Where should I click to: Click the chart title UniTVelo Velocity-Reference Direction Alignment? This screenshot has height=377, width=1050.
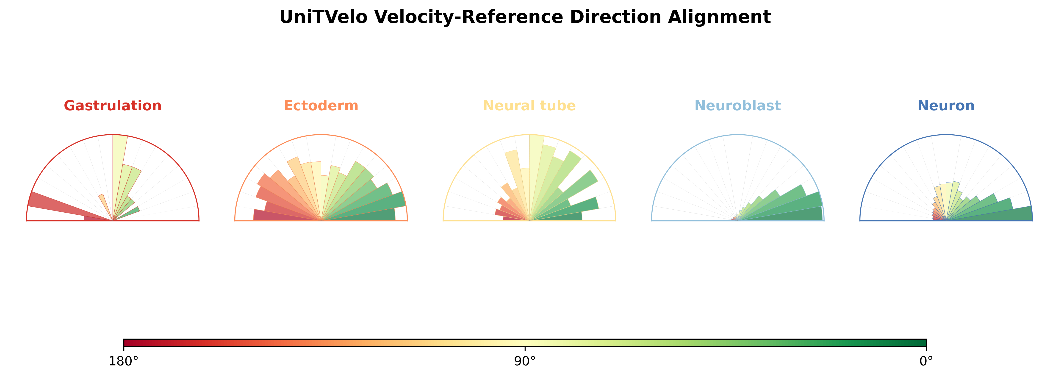[525, 17]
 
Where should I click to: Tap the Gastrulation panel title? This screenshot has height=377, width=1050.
[113, 105]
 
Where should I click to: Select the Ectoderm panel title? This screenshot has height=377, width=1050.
[321, 105]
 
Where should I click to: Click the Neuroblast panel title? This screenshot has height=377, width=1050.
[738, 105]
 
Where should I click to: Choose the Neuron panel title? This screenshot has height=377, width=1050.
[946, 105]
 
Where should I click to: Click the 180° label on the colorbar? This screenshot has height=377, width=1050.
[124, 361]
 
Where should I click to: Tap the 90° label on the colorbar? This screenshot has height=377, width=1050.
[525, 361]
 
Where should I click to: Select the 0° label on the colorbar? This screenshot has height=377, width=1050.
[926, 361]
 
